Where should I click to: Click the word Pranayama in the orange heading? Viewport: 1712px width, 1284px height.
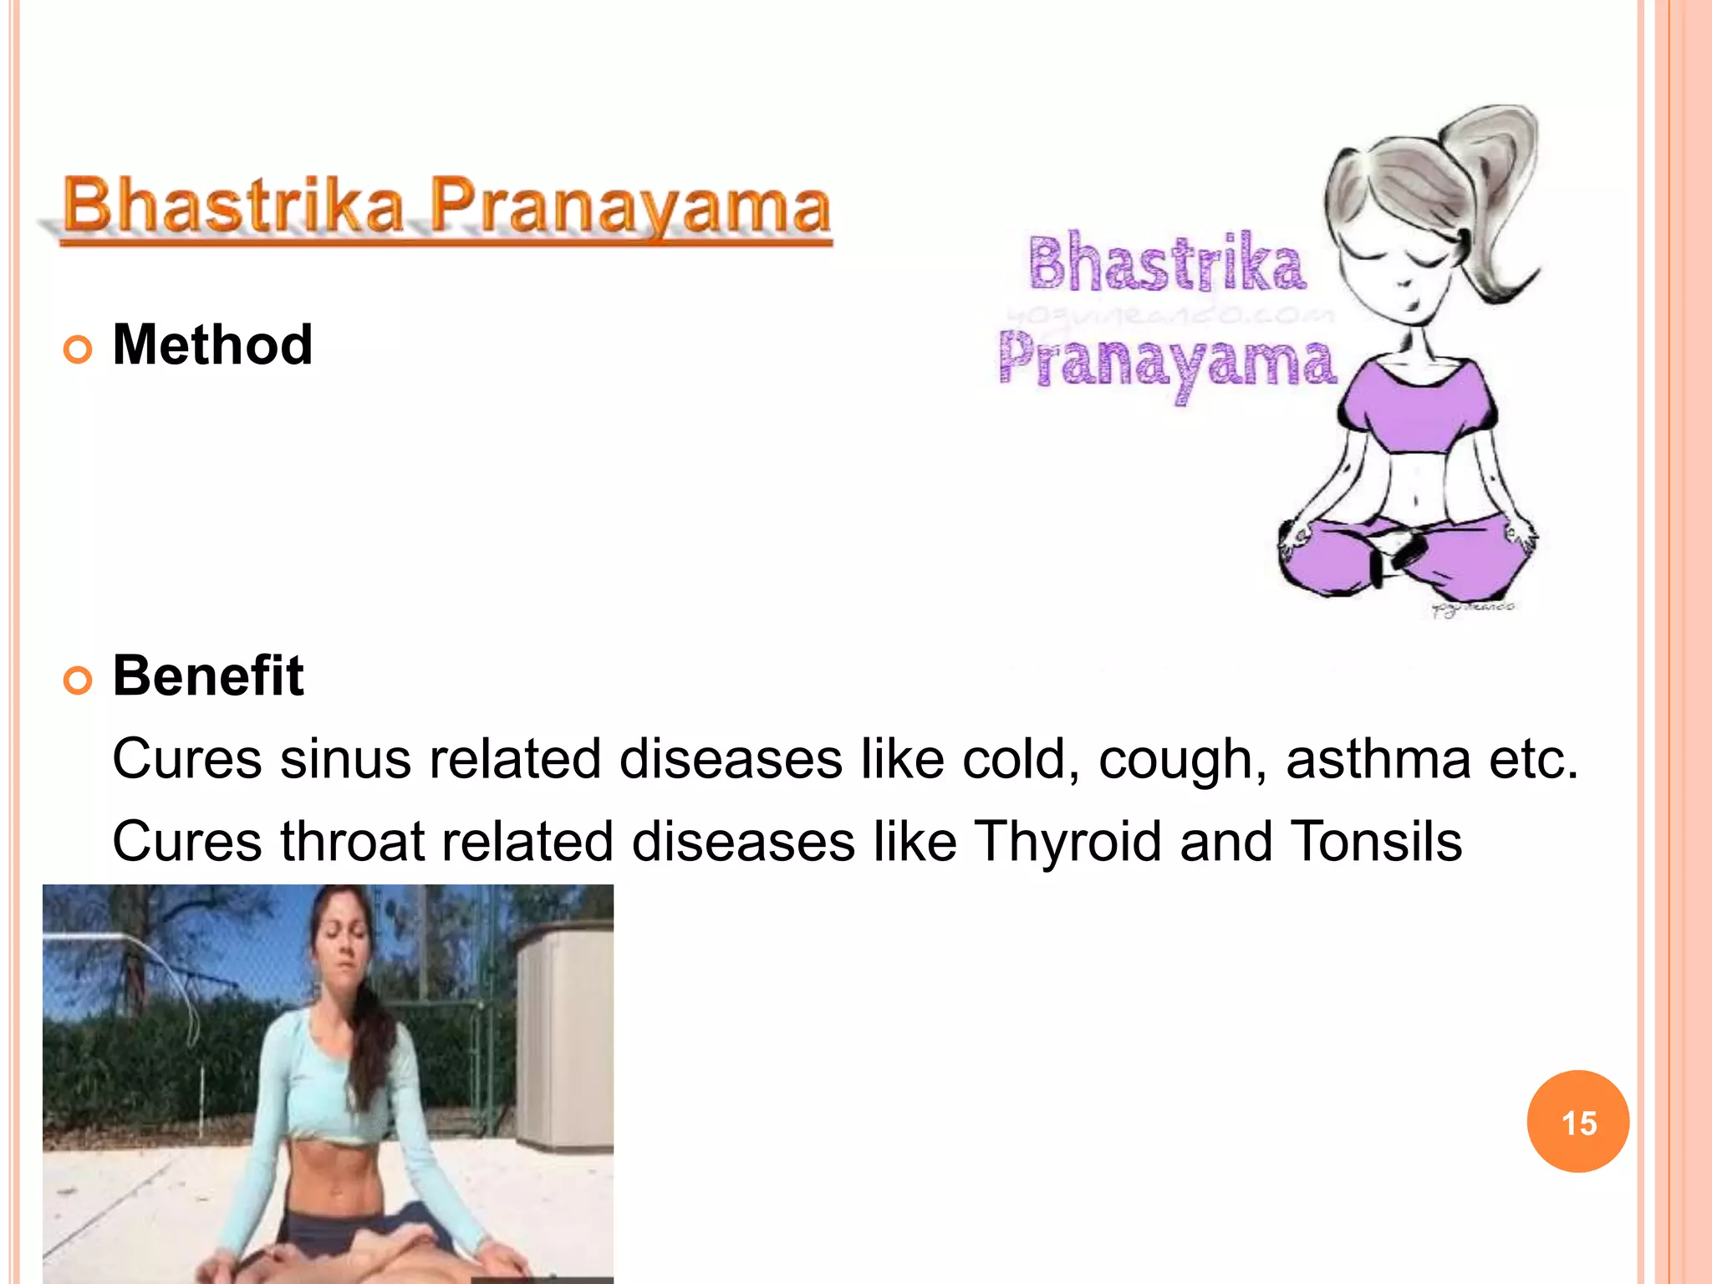click(x=631, y=206)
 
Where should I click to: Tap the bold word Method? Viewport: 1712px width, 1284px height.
click(x=212, y=344)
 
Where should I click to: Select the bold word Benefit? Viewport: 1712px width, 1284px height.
click(x=208, y=675)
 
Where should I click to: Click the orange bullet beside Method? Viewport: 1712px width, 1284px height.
click(x=78, y=349)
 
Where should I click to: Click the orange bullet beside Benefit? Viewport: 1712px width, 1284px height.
click(x=78, y=680)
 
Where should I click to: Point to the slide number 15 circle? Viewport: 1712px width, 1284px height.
click(x=1577, y=1122)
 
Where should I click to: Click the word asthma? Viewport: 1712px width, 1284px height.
click(x=1378, y=759)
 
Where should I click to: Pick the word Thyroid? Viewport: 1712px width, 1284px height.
click(x=1068, y=841)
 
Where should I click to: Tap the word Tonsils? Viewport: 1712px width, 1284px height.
click(x=1376, y=841)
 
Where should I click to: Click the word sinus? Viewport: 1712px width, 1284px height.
click(x=345, y=759)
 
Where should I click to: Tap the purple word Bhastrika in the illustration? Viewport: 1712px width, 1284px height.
click(x=1166, y=263)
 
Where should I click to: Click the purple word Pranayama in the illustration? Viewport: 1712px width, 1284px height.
click(x=1167, y=362)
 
